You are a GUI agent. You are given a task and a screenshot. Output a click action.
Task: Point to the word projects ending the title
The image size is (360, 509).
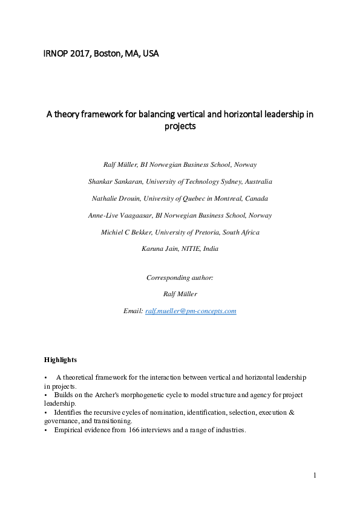click(180, 127)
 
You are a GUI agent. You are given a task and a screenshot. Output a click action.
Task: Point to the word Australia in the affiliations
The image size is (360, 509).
click(257, 181)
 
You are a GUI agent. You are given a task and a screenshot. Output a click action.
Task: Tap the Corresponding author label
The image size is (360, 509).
click(180, 277)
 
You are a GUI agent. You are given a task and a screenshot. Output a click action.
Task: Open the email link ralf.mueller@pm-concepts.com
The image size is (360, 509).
click(191, 311)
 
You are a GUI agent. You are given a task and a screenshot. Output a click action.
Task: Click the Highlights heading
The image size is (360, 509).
click(61, 360)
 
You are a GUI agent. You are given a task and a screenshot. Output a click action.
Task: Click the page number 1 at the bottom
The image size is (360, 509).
click(315, 476)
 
